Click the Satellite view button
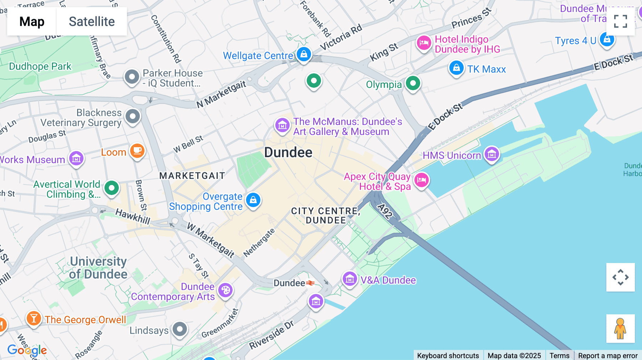(92, 21)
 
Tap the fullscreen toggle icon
(620, 21)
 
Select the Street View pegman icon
(620, 328)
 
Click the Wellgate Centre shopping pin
(304, 55)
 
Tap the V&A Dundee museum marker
(350, 279)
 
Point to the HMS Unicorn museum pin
(492, 154)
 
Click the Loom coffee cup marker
(137, 151)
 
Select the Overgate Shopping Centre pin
(253, 200)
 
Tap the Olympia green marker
(413, 83)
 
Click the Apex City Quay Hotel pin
(422, 180)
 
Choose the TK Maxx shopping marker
(456, 68)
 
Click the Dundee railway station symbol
(310, 283)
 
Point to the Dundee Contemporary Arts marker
(225, 290)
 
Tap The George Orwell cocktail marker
(34, 318)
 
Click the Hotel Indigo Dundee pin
(424, 43)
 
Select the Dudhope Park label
(40, 66)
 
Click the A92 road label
(385, 211)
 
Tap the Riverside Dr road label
(271, 335)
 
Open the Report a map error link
(608, 355)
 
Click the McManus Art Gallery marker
(282, 125)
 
